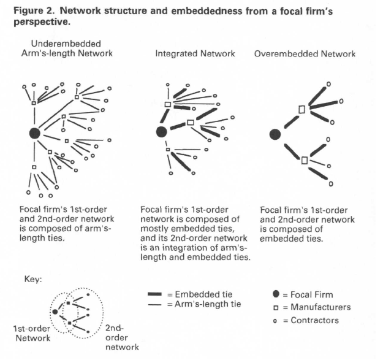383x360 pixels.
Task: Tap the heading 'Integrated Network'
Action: click(x=195, y=54)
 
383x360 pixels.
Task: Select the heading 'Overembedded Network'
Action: click(x=305, y=54)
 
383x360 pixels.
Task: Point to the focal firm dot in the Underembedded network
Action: click(x=35, y=132)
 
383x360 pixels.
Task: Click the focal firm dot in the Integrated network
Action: click(x=162, y=131)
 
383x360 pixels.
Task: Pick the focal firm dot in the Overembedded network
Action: click(x=275, y=133)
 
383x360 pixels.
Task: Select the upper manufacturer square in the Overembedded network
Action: click(x=301, y=109)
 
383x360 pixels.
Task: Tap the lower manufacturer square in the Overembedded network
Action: click(x=305, y=160)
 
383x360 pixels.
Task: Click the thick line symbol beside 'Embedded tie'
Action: click(x=158, y=294)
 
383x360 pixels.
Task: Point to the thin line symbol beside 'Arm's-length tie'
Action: click(x=158, y=304)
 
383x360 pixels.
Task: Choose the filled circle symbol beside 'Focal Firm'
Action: click(x=276, y=295)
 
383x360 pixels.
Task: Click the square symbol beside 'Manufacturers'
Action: click(x=276, y=307)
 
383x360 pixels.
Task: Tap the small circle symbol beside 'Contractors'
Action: click(x=276, y=320)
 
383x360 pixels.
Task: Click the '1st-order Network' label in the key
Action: click(x=32, y=332)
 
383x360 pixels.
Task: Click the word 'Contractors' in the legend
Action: click(x=316, y=320)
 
